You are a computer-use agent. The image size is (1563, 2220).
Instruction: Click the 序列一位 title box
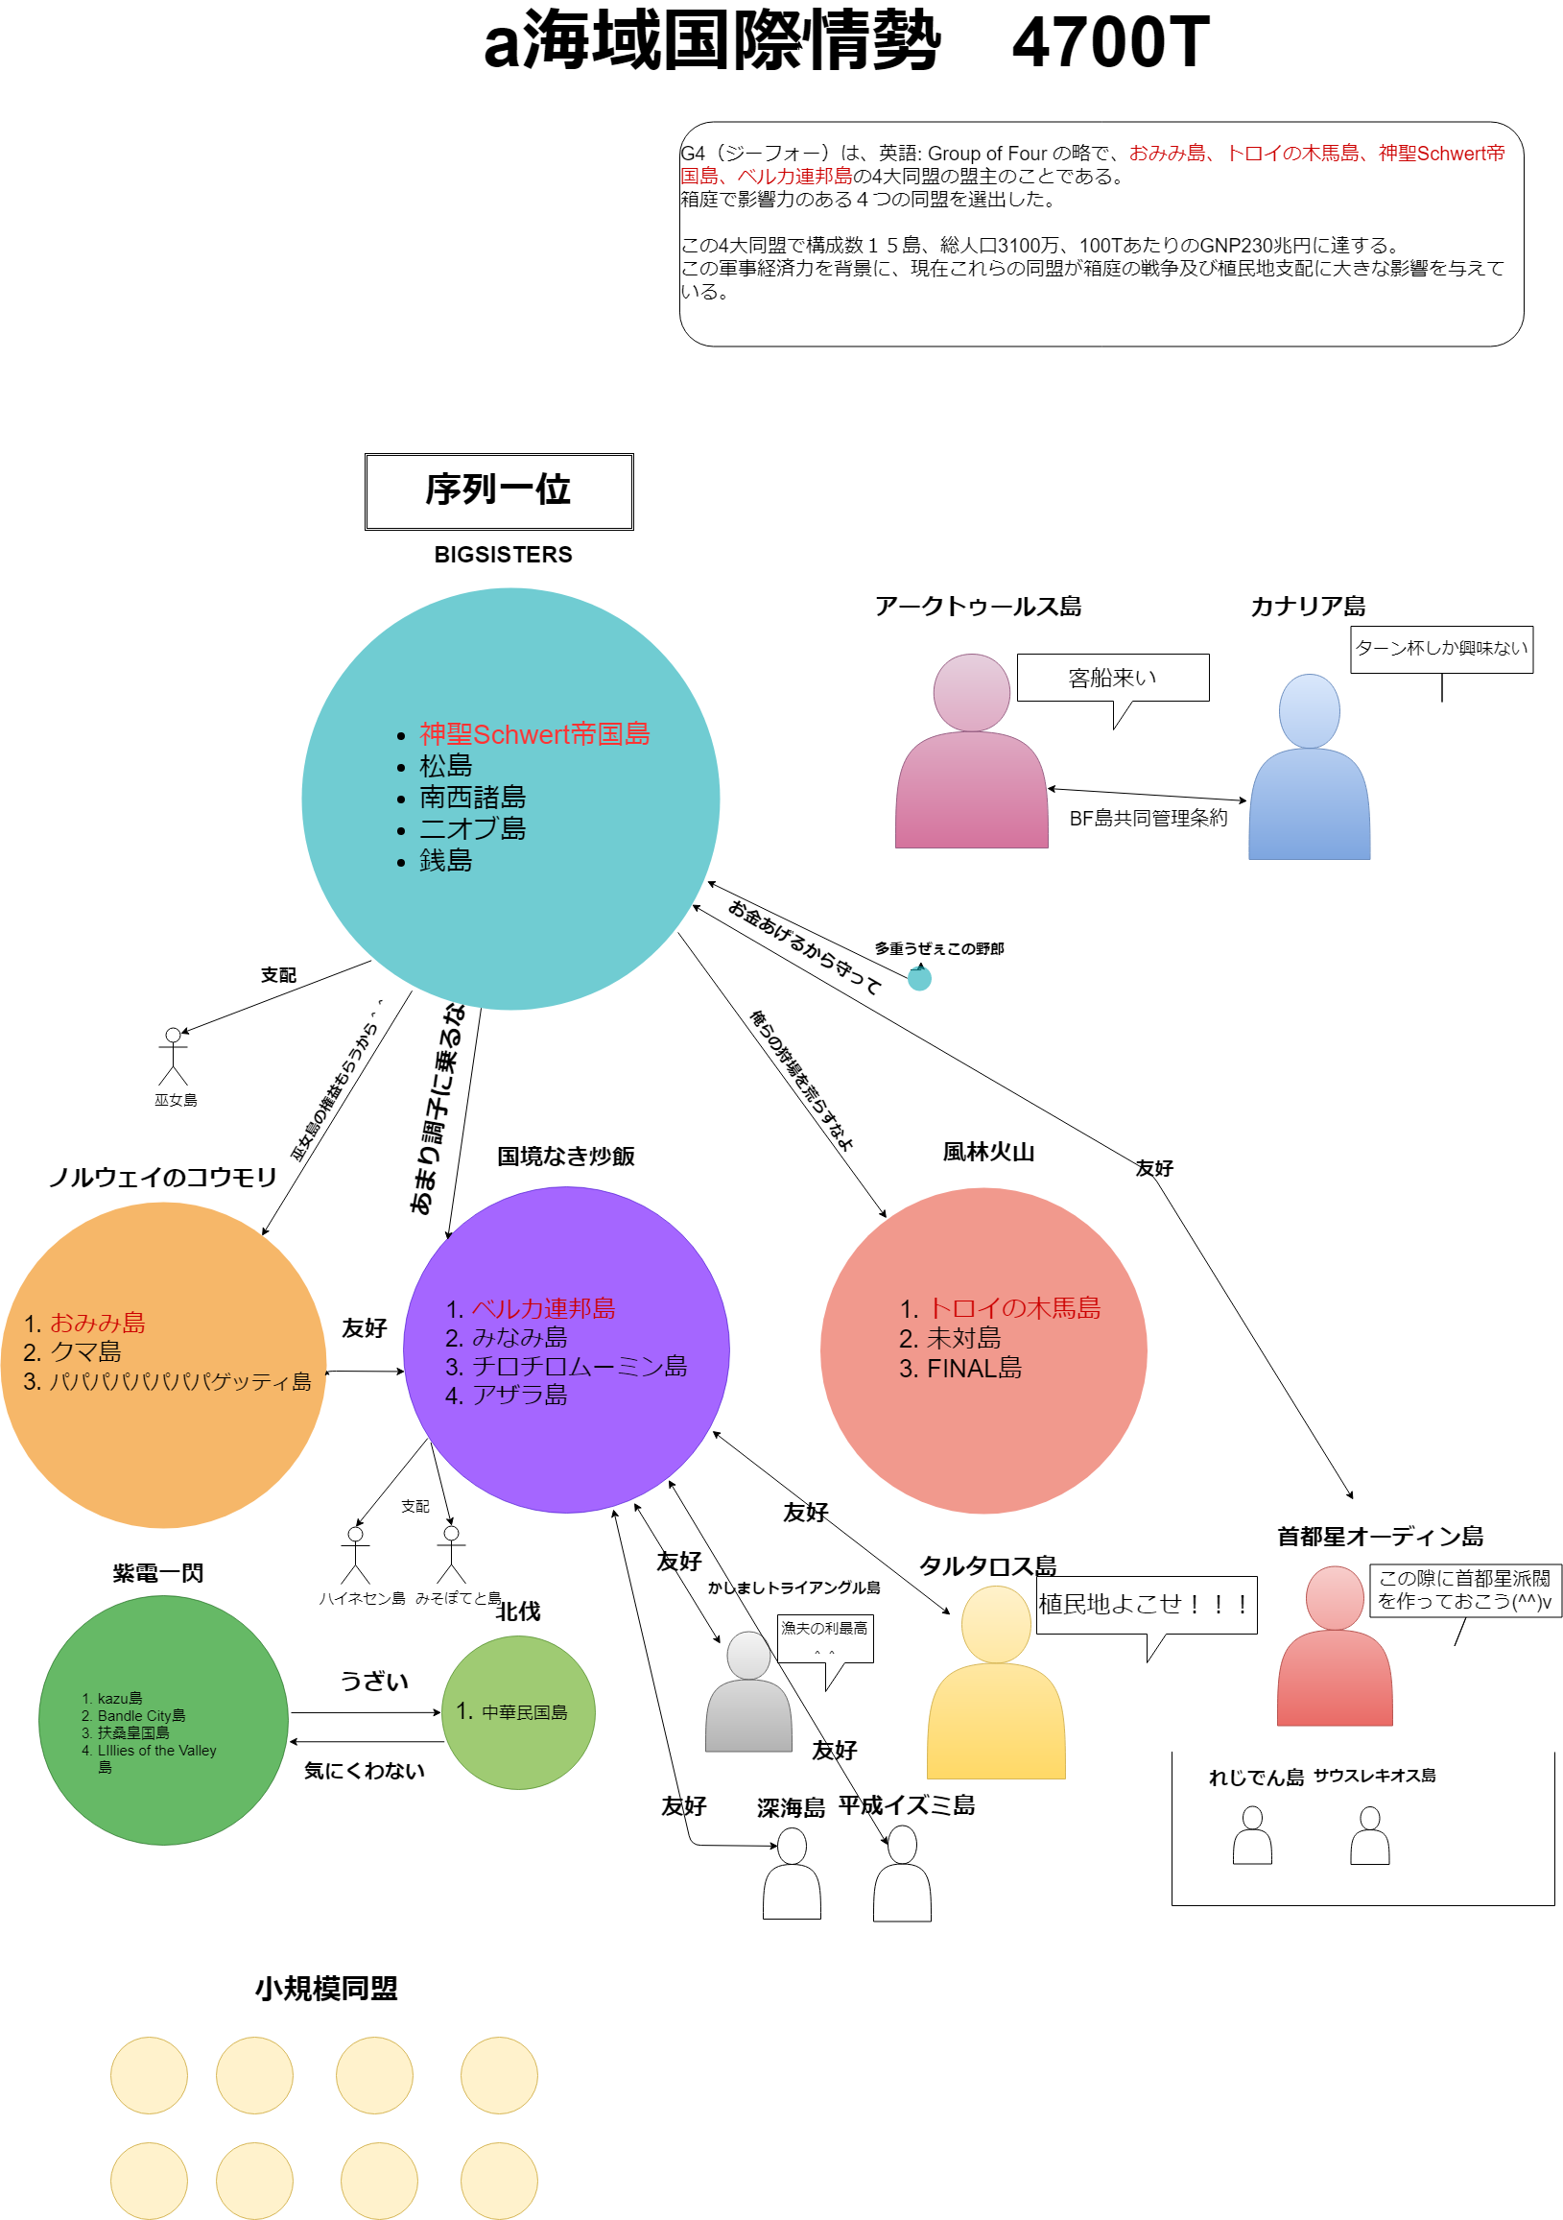pyautogui.click(x=499, y=491)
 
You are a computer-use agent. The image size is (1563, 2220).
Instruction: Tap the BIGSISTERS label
pyautogui.click(x=503, y=554)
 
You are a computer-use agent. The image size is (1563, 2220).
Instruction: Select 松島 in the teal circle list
pyautogui.click(x=445, y=766)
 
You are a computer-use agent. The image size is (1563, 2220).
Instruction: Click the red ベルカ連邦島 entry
pyautogui.click(x=543, y=1308)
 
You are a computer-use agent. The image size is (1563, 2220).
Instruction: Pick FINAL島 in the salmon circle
pyautogui.click(x=973, y=1368)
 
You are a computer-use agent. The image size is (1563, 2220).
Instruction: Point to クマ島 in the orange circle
pyautogui.click(x=85, y=1351)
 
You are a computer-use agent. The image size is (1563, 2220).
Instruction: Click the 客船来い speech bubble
pyautogui.click(x=1112, y=678)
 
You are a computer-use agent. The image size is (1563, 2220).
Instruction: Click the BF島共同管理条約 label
pyautogui.click(x=1148, y=818)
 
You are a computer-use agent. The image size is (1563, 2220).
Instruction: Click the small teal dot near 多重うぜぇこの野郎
pyautogui.click(x=919, y=978)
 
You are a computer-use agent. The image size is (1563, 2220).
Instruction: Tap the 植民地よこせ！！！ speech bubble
pyautogui.click(x=1146, y=1604)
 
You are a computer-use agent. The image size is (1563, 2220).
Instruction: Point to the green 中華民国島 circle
pyautogui.click(x=518, y=1712)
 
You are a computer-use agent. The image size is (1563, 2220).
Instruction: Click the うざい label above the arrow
pyautogui.click(x=374, y=1682)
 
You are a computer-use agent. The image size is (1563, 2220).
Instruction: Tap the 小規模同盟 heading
pyautogui.click(x=327, y=1989)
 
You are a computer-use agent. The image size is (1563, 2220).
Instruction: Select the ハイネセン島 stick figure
pyautogui.click(x=356, y=1556)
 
